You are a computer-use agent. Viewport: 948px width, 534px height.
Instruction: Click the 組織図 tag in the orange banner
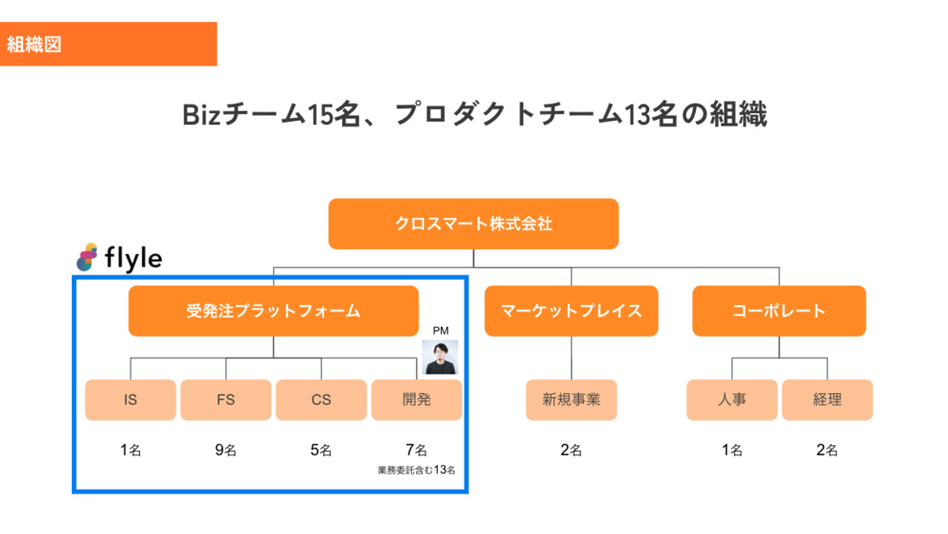pyautogui.click(x=34, y=44)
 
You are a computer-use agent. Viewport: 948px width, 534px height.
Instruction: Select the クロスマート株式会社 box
pyautogui.click(x=473, y=224)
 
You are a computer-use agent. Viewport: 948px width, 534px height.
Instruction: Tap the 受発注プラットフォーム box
pyautogui.click(x=273, y=311)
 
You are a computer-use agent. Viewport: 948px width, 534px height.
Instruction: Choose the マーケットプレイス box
pyautogui.click(x=571, y=311)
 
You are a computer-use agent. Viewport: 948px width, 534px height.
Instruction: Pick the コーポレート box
pyautogui.click(x=779, y=311)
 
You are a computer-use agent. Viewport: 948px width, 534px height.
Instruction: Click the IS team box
pyautogui.click(x=130, y=400)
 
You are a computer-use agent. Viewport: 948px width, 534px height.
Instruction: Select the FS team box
pyautogui.click(x=226, y=400)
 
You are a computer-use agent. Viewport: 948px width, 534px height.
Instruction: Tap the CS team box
pyautogui.click(x=321, y=400)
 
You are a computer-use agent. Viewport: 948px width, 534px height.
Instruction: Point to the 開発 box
pyautogui.click(x=416, y=400)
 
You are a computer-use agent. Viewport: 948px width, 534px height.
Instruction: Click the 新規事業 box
pyautogui.click(x=571, y=400)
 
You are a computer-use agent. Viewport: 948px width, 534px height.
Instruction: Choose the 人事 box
pyautogui.click(x=732, y=400)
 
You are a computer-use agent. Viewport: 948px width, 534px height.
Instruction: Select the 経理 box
pyautogui.click(x=827, y=400)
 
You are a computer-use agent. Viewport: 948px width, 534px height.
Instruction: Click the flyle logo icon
pyautogui.click(x=87, y=256)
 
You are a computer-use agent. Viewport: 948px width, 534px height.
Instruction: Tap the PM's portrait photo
pyautogui.click(x=440, y=357)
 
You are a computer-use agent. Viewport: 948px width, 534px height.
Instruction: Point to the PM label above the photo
pyautogui.click(x=440, y=330)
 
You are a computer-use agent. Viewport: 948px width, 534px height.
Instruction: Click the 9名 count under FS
pyautogui.click(x=226, y=451)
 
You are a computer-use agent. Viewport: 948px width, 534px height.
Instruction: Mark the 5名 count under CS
pyautogui.click(x=321, y=451)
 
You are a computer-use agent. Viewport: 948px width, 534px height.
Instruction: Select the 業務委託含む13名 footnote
pyautogui.click(x=416, y=470)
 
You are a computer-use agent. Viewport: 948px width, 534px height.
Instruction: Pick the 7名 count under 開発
pyautogui.click(x=416, y=451)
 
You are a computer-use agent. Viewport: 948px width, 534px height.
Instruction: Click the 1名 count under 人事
pyautogui.click(x=732, y=451)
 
